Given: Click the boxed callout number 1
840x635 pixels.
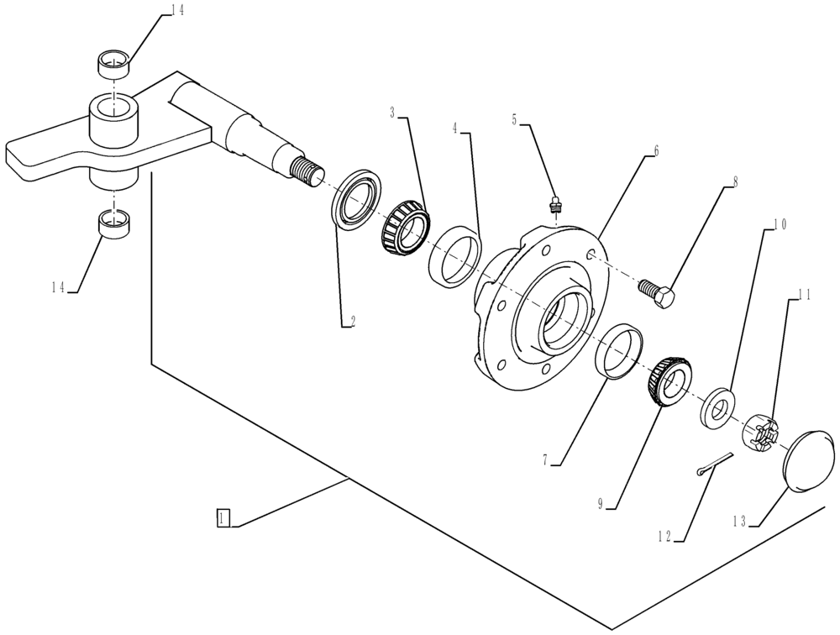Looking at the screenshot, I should click(x=222, y=517).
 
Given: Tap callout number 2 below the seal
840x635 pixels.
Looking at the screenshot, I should click(x=353, y=320).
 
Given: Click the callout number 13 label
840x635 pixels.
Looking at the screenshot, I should click(x=740, y=521).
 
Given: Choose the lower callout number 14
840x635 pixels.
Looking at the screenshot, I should click(x=58, y=286).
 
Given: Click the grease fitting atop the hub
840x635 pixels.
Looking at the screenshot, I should click(x=554, y=206).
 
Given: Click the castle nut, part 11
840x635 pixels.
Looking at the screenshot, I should click(x=762, y=430).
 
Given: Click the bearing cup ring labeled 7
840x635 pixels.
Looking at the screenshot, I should click(x=619, y=351).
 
